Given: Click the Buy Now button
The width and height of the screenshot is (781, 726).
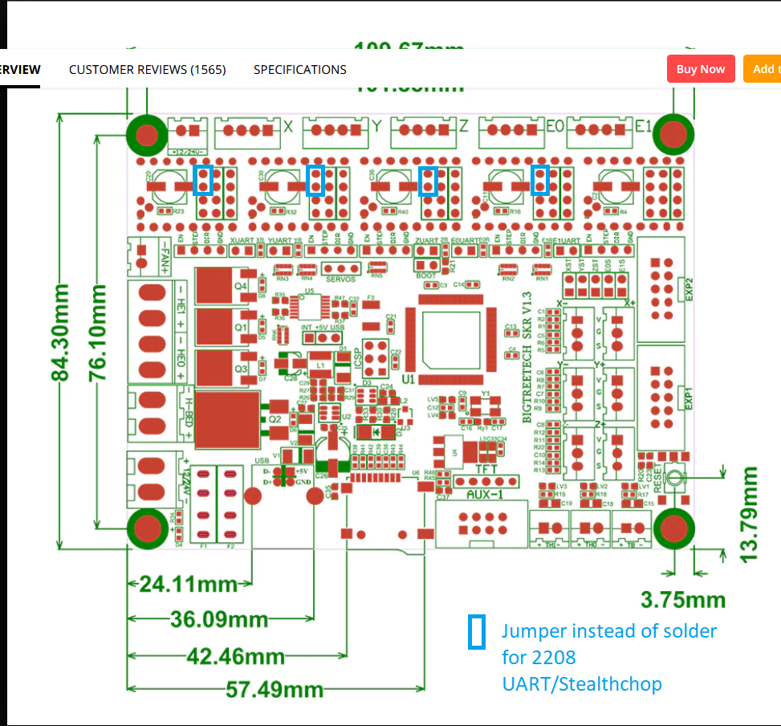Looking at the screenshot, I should point(700,69).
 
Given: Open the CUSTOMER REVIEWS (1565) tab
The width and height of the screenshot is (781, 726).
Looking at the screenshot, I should point(148,70).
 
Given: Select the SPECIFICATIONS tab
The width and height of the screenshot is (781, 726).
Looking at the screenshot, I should point(300,70).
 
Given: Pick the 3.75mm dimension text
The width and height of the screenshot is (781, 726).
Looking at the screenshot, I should point(684,600).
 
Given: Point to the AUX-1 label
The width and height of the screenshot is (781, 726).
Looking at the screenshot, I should point(486,495).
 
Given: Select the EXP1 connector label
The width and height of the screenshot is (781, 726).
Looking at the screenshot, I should point(688,397).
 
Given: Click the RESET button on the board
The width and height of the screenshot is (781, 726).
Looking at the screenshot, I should point(675,478).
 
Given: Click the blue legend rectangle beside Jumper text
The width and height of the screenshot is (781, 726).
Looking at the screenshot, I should point(476,632).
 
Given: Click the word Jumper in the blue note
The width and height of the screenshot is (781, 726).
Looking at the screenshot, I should point(536,630).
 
